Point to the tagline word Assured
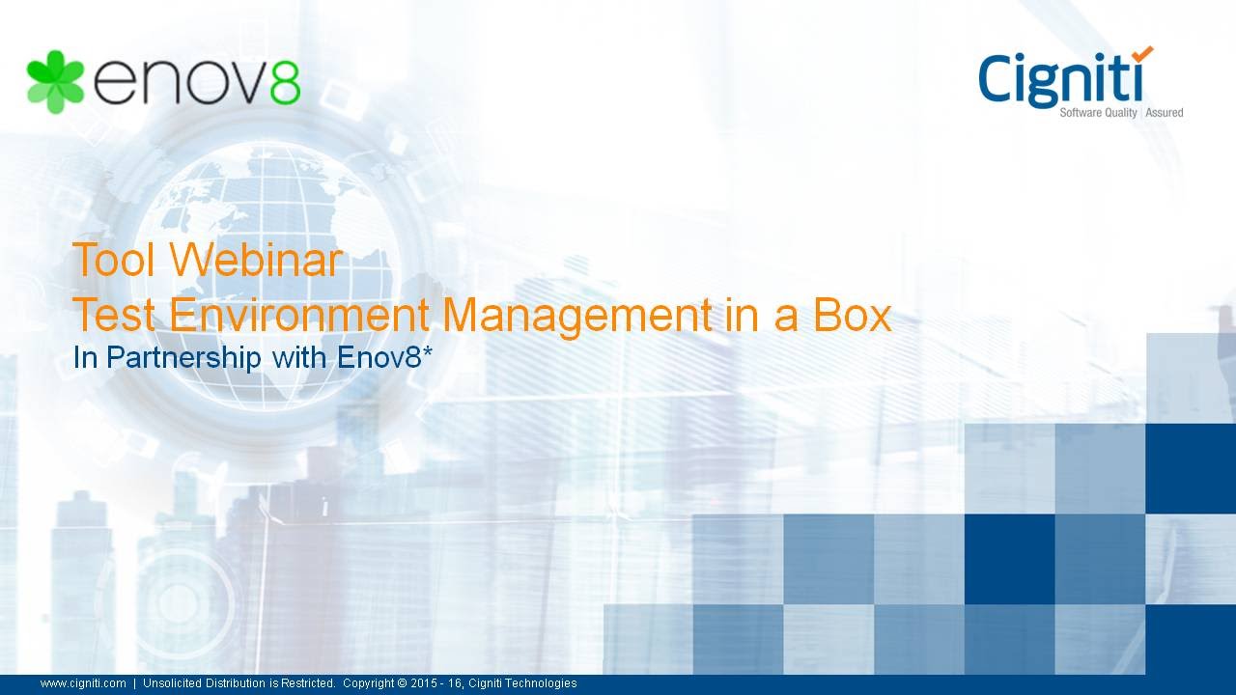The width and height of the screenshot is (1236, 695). pos(1165,113)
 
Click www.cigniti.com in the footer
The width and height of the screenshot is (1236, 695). pos(83,683)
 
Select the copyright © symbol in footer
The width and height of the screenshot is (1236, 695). pos(402,683)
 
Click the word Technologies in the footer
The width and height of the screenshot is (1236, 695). pos(544,683)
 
